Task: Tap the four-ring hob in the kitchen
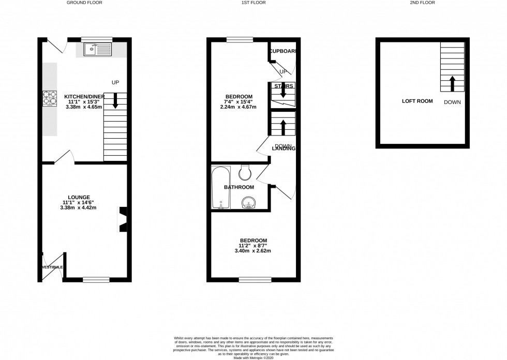[x=50, y=98]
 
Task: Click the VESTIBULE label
[x=52, y=267]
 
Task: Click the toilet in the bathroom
[x=245, y=171]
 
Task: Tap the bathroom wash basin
[x=249, y=203]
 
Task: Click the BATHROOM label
[x=239, y=187]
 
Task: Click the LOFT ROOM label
[x=417, y=101]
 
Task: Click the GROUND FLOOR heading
[x=84, y=3]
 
